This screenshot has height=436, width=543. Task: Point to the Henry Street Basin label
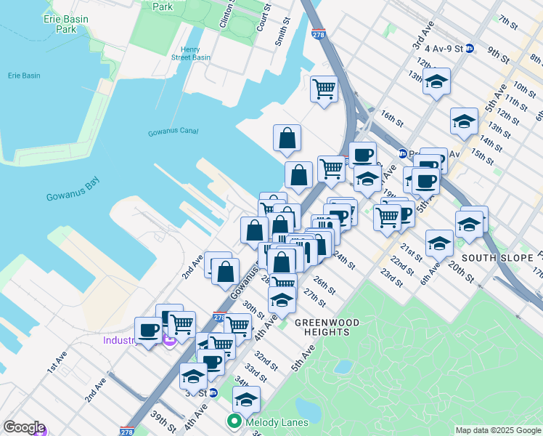tap(190, 54)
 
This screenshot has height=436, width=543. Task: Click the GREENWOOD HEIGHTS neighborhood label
tap(323, 326)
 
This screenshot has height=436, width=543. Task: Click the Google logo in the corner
tap(24, 427)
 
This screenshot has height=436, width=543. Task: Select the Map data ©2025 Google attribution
tap(497, 430)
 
